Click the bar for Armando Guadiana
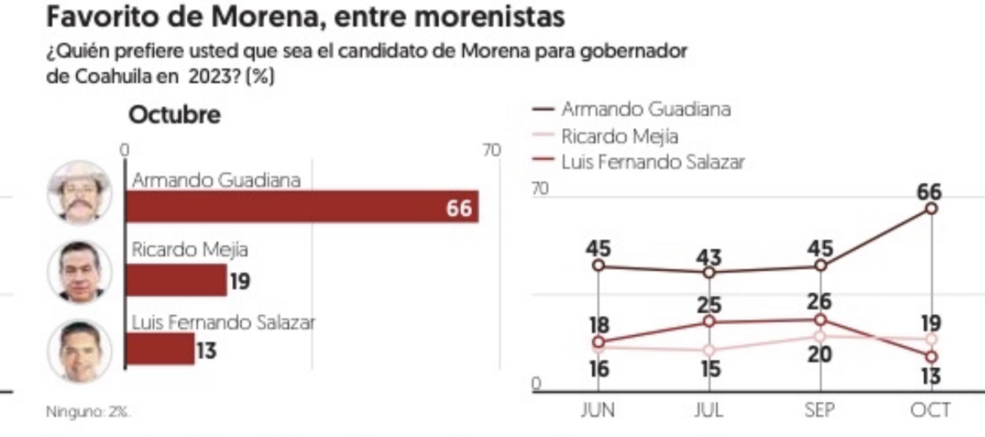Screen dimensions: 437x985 coord(301,207)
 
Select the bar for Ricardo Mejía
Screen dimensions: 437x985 coord(175,280)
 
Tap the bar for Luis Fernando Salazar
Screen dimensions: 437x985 coord(159,349)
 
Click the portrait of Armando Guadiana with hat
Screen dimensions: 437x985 coord(79,192)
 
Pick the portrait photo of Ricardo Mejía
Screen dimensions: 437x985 coord(79,271)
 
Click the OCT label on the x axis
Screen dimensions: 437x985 coord(930,410)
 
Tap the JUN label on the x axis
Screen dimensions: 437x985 coord(598,410)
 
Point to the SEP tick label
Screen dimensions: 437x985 coord(820,410)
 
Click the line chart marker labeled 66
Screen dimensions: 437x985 coord(931,208)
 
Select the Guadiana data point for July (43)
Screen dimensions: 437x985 coord(709,272)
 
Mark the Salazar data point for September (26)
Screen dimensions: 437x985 coord(821,319)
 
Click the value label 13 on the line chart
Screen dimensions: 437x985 coord(929,376)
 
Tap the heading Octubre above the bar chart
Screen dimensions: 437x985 coord(174,115)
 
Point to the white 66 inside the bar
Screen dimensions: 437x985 coord(459,208)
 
